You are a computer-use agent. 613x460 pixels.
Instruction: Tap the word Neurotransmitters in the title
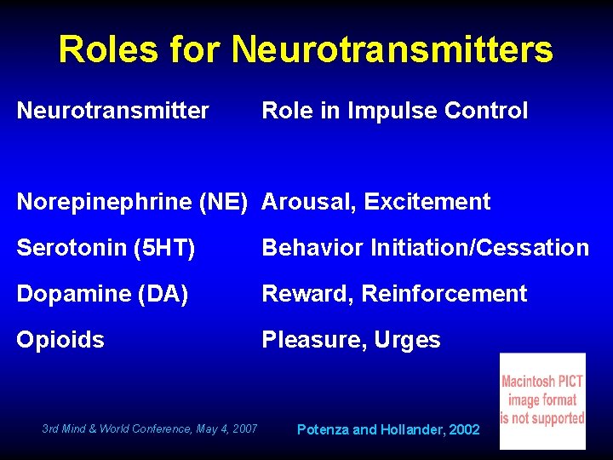(392, 49)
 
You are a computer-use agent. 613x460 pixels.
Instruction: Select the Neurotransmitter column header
(112, 111)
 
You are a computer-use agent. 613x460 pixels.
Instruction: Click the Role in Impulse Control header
(394, 111)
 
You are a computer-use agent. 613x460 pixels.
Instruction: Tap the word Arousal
(308, 202)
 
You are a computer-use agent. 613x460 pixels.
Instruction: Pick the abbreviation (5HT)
(165, 248)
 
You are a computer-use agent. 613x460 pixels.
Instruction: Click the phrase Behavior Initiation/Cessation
(425, 248)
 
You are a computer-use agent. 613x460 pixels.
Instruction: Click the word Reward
(307, 294)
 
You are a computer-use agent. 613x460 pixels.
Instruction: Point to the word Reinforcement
(444, 294)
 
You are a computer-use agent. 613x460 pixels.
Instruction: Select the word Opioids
(60, 340)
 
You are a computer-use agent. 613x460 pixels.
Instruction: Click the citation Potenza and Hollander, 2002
(388, 429)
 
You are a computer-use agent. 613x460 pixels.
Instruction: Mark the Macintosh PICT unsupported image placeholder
(542, 400)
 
